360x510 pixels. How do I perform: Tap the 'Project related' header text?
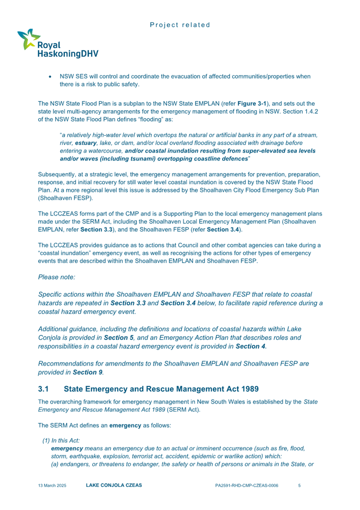click(180, 25)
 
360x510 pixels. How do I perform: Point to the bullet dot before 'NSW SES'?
click(50, 77)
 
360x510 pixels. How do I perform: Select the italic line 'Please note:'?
click(55, 277)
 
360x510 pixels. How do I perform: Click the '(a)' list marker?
click(55, 464)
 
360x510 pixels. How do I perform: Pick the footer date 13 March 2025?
click(52, 486)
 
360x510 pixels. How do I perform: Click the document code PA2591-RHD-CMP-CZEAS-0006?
click(246, 486)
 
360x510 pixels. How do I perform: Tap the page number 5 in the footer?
click(300, 486)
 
